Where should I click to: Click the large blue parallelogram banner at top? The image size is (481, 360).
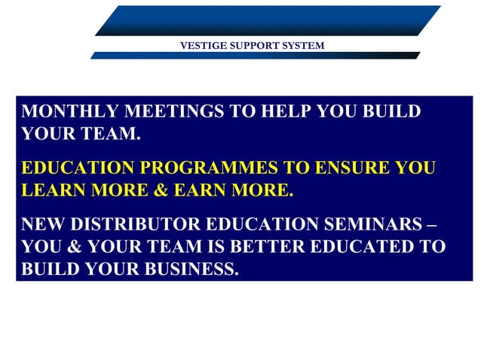pos(268,20)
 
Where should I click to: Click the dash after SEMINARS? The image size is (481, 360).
pos(430,224)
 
